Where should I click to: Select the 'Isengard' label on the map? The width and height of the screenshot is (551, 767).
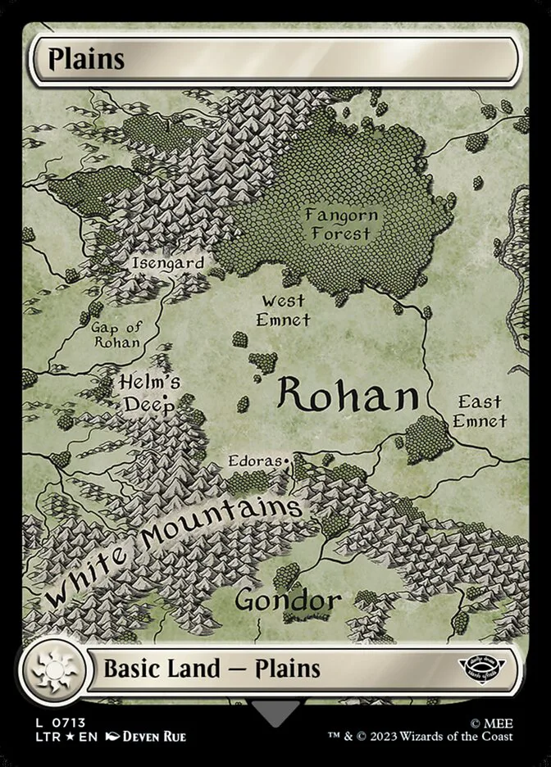click(x=167, y=263)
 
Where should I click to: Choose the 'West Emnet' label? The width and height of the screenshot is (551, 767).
click(x=284, y=311)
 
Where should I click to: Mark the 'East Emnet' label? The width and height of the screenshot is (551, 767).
click(x=480, y=411)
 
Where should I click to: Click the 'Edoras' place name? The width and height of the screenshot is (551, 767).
click(x=255, y=462)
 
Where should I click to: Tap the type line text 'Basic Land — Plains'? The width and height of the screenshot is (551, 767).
click(x=212, y=669)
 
